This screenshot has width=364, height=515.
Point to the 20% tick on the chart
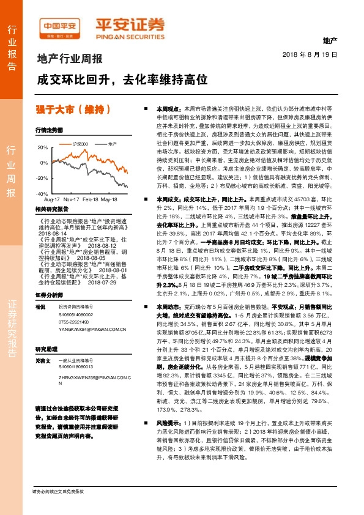(43, 149)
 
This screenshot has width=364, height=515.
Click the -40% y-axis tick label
(42, 193)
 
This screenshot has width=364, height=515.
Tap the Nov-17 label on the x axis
(72, 199)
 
